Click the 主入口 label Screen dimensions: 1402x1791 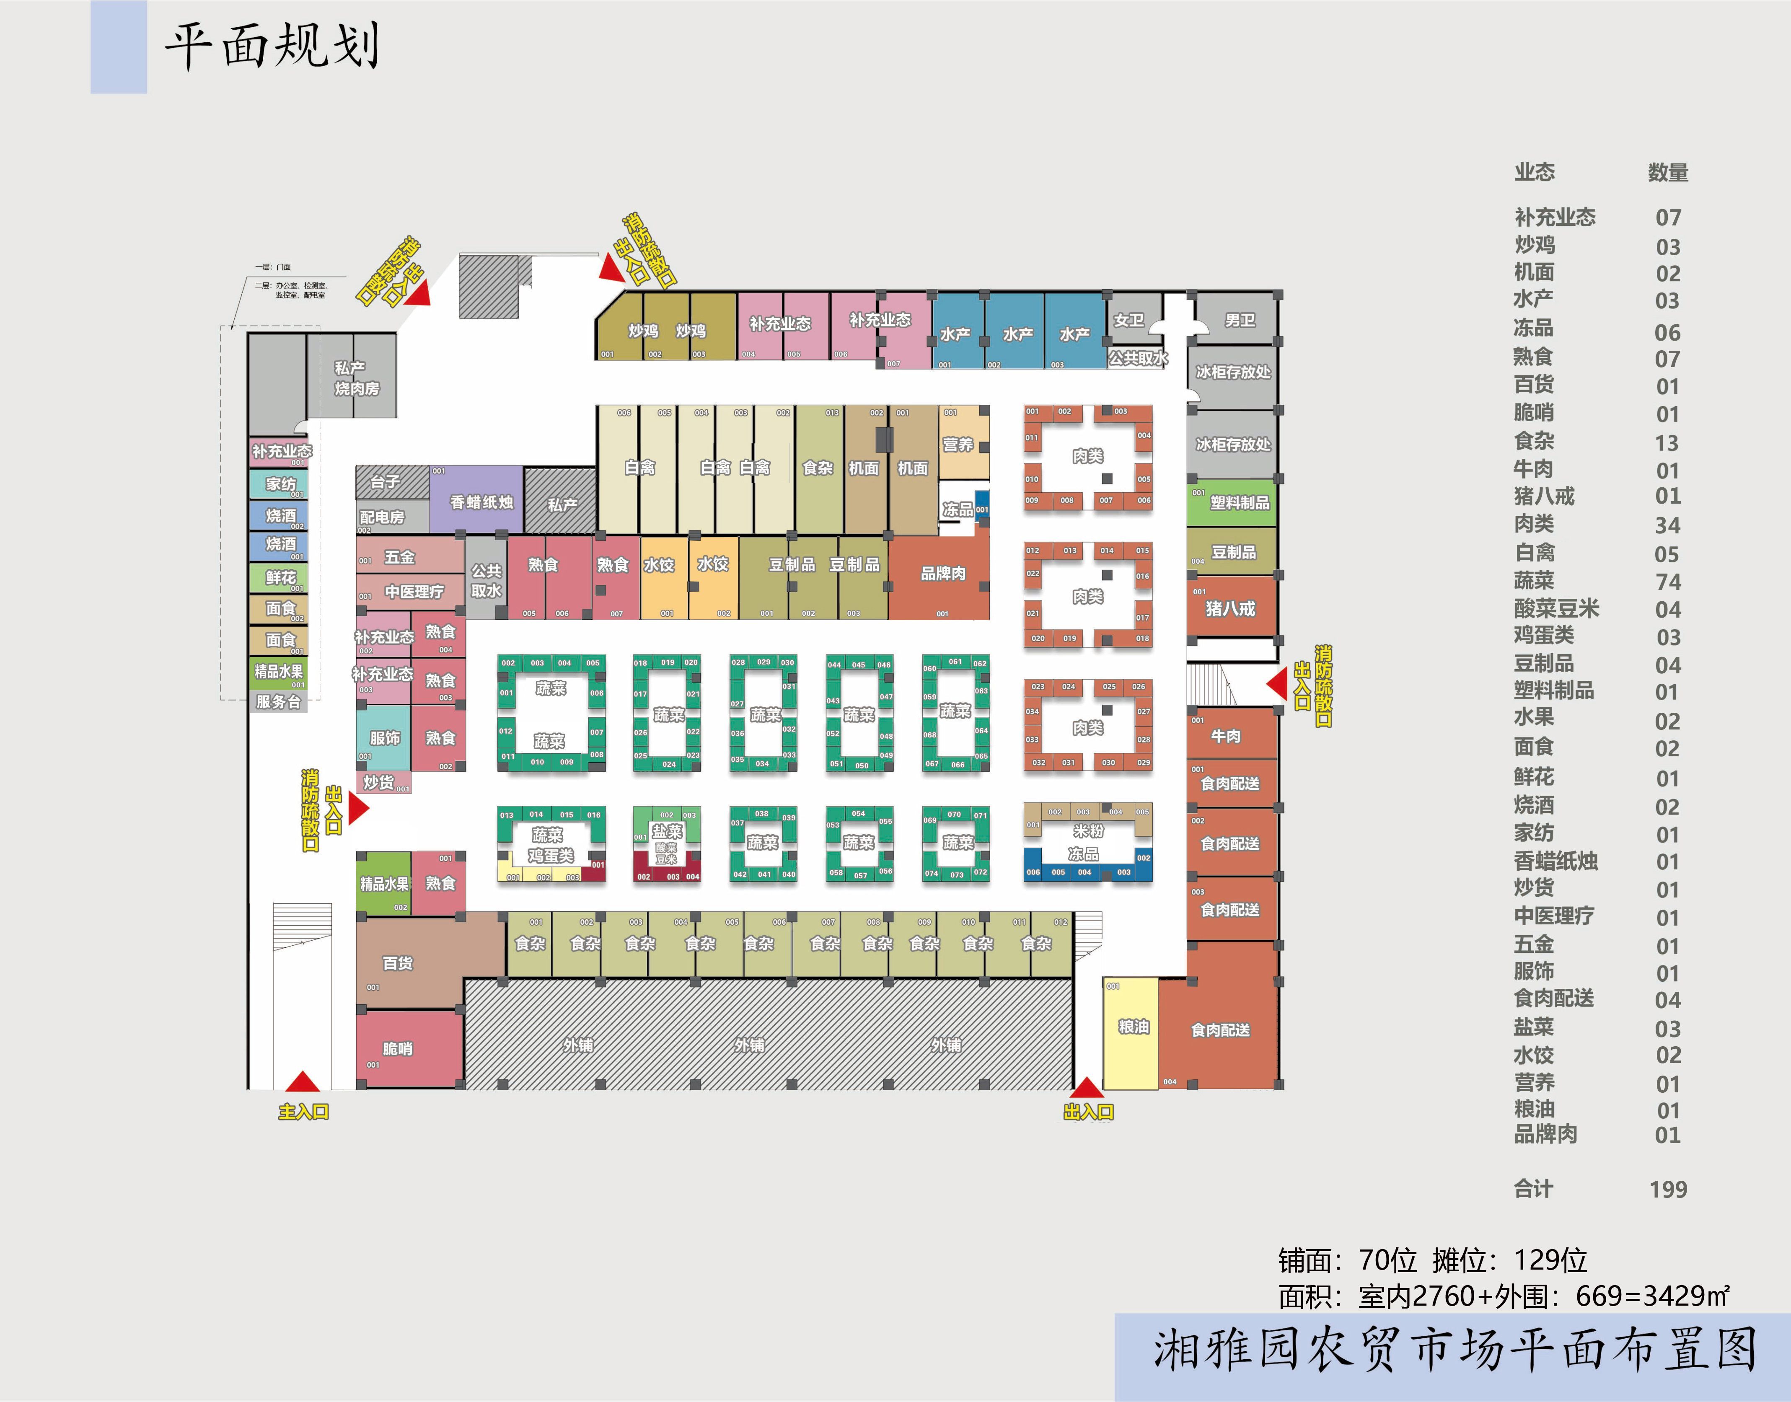click(x=303, y=1112)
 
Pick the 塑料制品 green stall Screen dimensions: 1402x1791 click(x=1233, y=502)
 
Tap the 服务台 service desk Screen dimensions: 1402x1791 click(x=278, y=702)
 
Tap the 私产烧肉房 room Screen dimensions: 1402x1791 click(x=353, y=378)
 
